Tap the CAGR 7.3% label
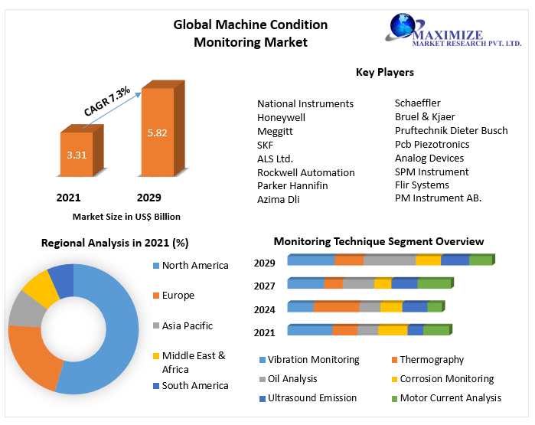tap(107, 102)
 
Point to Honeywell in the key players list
tap(281, 117)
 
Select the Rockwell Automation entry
tap(305, 172)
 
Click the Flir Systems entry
tap(422, 185)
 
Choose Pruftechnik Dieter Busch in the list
tap(451, 130)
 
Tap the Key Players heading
tap(385, 72)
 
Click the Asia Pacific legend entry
tap(187, 325)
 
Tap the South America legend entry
tap(194, 385)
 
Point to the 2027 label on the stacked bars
tap(264, 285)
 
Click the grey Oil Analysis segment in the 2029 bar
tap(390, 260)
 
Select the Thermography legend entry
tap(430, 359)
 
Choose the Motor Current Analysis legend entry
tap(450, 397)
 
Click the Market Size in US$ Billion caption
tap(126, 217)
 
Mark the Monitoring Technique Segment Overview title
tap(379, 241)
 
